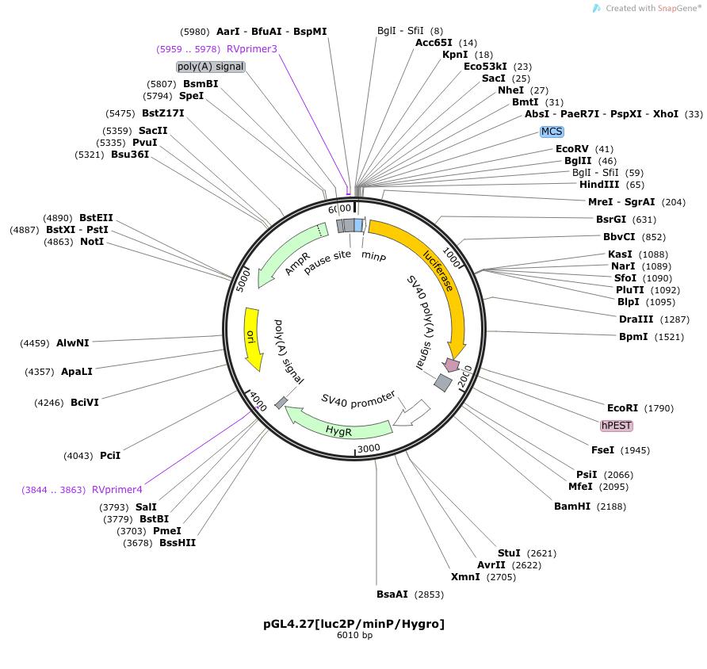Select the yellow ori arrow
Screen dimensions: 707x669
[x=251, y=339]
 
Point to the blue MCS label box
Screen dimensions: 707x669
[x=552, y=132]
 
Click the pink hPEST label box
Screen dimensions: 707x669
[x=617, y=426]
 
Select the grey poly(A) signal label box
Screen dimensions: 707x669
[x=211, y=67]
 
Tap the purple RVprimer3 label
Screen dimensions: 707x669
[x=251, y=48]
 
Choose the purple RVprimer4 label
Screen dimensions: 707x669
[x=117, y=490]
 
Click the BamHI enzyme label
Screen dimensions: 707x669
[x=571, y=507]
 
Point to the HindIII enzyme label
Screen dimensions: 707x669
[x=599, y=185]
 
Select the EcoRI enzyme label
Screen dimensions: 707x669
[x=622, y=408]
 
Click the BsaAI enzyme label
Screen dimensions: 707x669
[x=392, y=594]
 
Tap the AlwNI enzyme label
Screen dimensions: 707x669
[x=73, y=343]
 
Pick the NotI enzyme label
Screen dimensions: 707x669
[x=92, y=242]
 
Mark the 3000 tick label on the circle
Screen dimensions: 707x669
[x=369, y=448]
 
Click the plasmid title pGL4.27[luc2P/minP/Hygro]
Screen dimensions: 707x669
[x=354, y=624]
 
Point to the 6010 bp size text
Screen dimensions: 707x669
[x=354, y=635]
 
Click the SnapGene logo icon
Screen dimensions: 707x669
[x=597, y=8]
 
